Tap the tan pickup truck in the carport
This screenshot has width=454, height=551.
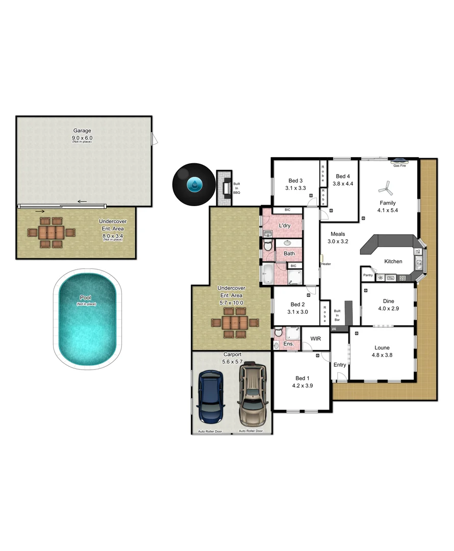253,394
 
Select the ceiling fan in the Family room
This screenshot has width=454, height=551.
386,189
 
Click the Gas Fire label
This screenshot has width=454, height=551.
399,165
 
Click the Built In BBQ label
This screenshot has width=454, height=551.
236,188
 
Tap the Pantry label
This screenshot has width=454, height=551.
368,275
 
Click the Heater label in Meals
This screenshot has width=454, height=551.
326,264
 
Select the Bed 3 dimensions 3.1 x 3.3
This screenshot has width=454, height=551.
295,188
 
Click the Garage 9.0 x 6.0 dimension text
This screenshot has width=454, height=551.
82,138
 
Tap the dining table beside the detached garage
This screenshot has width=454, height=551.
51,233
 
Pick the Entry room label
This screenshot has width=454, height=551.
340,365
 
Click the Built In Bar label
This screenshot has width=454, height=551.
337,315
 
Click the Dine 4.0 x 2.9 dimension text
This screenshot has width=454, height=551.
388,308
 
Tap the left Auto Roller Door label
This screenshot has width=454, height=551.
210,432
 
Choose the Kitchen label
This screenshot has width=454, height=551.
393,261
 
